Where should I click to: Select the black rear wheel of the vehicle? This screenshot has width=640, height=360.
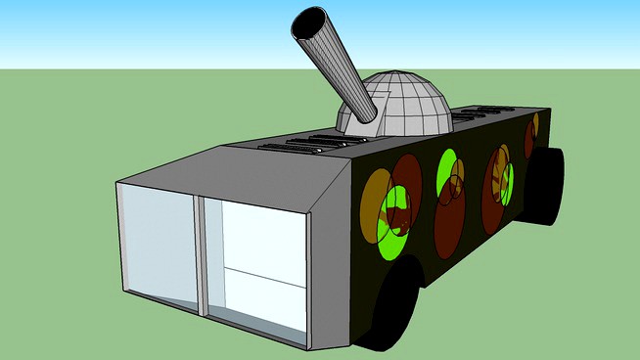[548, 186]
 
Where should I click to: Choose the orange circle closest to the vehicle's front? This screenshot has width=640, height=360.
[373, 201]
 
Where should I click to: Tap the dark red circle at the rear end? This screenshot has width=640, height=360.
[529, 139]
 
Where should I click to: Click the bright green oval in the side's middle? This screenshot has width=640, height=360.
[447, 169]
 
